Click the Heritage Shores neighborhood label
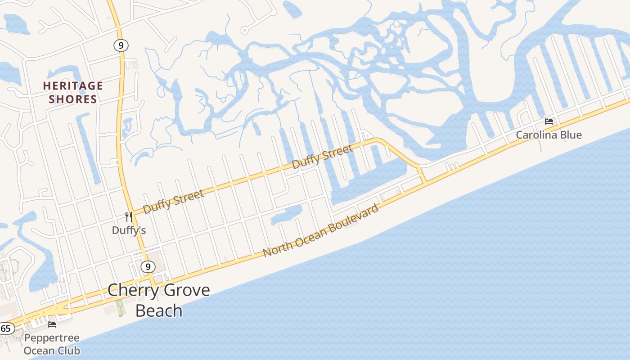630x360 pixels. coord(73,92)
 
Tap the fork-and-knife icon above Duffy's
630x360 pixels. coord(129,217)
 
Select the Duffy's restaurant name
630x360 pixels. coord(129,230)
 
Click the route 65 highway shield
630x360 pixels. coord(5,328)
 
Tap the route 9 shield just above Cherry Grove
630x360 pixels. coord(148,267)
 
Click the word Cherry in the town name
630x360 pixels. coord(131,290)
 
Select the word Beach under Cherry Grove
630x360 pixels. coord(159,311)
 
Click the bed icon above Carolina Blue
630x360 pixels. coord(549,121)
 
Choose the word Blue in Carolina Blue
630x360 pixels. coord(571,135)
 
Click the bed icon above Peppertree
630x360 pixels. coord(52,324)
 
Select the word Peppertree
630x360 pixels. coord(52,338)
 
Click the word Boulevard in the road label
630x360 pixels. coord(355,220)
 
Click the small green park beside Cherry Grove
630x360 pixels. coord(120,308)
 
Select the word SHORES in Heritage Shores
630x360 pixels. coord(73,99)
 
